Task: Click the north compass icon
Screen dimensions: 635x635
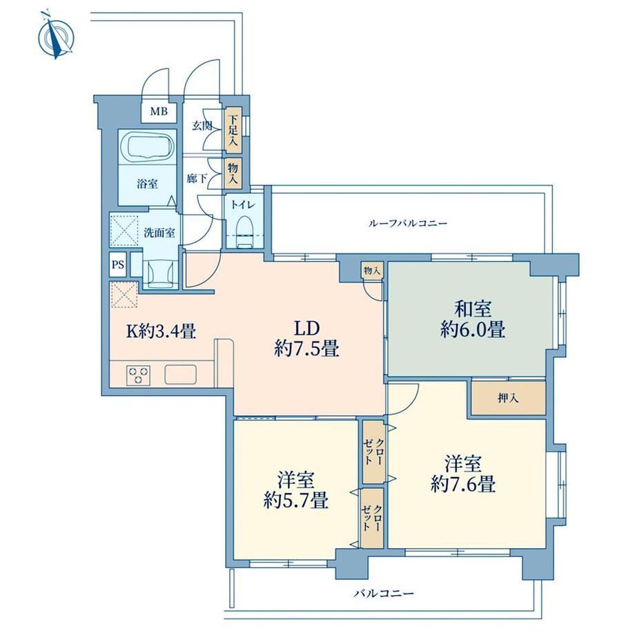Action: point(57,37)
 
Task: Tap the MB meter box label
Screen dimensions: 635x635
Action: point(159,111)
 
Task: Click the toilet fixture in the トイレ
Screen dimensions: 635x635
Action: point(244,232)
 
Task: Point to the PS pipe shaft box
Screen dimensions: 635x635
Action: point(118,265)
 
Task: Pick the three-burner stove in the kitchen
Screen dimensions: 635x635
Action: point(138,375)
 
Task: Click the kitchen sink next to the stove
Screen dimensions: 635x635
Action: point(181,375)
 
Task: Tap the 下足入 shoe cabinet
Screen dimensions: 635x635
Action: point(233,130)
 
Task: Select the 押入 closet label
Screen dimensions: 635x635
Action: point(508,398)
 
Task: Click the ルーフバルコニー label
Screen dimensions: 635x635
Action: point(408,223)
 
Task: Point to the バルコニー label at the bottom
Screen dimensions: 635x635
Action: point(384,594)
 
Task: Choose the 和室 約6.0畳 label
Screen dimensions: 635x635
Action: point(473,320)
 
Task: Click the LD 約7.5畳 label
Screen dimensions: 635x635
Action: point(306,338)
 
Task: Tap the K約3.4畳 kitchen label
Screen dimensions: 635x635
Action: point(162,332)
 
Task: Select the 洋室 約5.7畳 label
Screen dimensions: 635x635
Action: point(295,490)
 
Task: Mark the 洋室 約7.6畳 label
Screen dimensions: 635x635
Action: point(463,473)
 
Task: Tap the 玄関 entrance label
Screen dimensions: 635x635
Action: point(202,126)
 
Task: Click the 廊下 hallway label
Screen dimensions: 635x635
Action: point(197,178)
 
